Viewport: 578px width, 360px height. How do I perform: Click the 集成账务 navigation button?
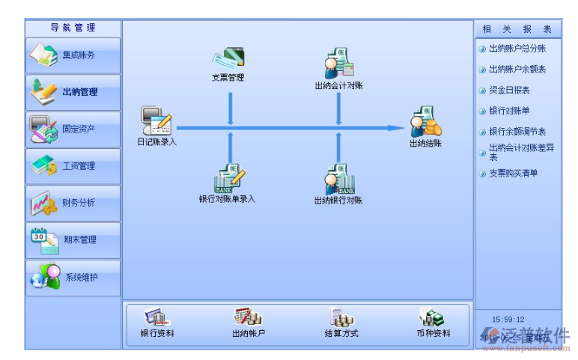[x=73, y=55]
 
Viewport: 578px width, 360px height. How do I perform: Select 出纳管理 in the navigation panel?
[x=73, y=92]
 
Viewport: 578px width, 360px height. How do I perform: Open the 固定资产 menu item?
[x=73, y=129]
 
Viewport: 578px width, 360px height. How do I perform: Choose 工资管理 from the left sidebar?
[x=73, y=166]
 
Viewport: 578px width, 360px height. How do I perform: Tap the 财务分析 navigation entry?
[x=73, y=203]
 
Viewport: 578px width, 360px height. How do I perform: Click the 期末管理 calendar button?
[x=73, y=240]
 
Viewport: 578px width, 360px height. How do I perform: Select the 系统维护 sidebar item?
[x=73, y=277]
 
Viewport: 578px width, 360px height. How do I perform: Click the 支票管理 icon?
[x=228, y=58]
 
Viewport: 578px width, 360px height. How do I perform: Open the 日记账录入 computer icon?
[x=156, y=121]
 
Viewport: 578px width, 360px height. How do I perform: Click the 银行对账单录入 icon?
[x=228, y=180]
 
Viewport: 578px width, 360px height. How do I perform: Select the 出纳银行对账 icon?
[x=339, y=180]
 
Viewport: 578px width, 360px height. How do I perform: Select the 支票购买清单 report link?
[x=513, y=174]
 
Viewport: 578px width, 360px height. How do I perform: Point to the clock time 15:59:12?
[x=509, y=320]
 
